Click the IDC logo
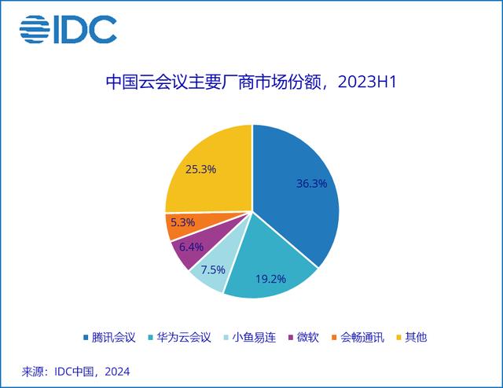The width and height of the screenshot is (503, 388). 68,29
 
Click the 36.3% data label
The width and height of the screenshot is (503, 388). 312,184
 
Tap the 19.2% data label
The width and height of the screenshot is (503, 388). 269,277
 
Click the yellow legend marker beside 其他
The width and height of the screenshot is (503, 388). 400,338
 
